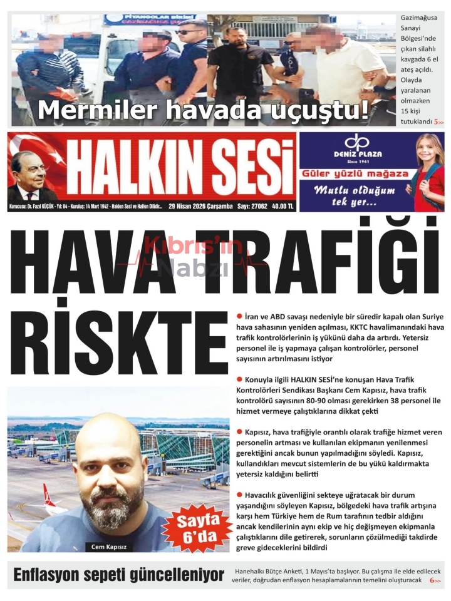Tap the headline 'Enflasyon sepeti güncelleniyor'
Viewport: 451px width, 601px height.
(119, 575)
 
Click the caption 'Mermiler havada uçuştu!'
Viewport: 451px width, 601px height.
(204, 111)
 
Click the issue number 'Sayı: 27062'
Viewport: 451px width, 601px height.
(252, 205)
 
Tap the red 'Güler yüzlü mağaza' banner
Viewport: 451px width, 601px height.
(355, 173)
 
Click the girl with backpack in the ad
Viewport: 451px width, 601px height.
(428, 172)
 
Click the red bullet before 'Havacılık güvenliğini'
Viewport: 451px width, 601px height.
(239, 495)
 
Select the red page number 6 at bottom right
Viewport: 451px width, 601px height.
(432, 581)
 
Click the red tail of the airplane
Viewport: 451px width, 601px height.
(48, 495)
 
